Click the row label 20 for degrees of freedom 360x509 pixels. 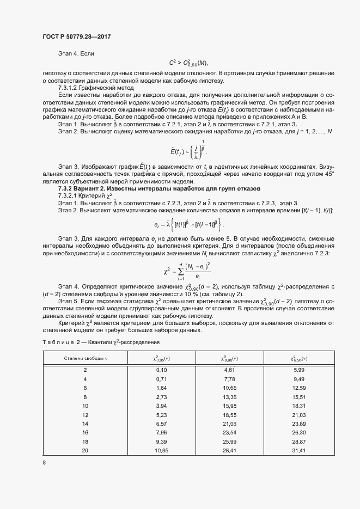[x=84, y=450]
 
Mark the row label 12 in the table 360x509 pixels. [x=84, y=414]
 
